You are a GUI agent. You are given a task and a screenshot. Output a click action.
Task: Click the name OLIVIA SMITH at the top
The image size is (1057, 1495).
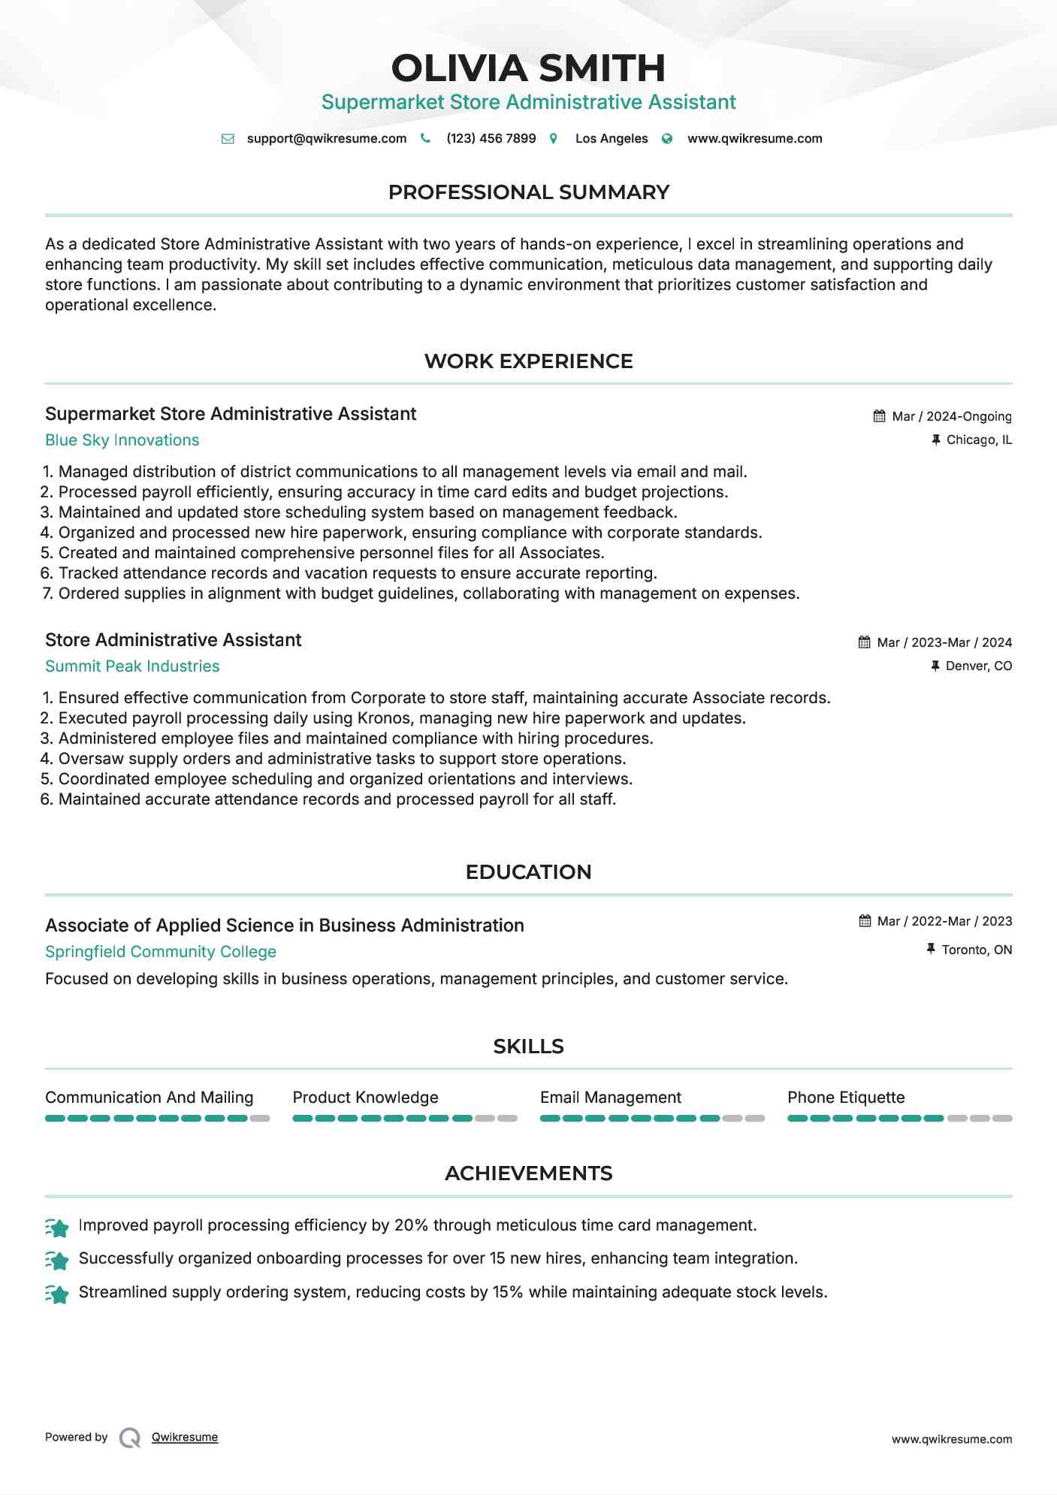528,68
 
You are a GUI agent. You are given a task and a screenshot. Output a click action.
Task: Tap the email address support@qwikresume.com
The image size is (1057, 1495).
326,138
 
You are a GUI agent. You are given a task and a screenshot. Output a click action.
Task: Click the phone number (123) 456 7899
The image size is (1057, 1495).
491,138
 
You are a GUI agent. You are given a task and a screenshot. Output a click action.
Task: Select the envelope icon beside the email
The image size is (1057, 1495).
228,139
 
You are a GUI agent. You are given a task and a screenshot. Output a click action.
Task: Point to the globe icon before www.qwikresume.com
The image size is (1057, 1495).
667,139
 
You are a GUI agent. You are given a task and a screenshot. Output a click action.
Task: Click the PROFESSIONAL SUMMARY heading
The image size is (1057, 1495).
528,192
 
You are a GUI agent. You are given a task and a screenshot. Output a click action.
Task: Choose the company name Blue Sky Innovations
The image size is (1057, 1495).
122,440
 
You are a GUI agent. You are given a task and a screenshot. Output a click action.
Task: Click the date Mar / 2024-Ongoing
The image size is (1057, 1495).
951,416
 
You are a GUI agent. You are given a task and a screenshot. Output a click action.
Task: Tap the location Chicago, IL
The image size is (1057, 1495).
978,439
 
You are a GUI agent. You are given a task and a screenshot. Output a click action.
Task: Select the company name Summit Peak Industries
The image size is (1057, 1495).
132,666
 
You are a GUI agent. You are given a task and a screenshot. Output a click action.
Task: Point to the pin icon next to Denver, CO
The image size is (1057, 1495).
935,666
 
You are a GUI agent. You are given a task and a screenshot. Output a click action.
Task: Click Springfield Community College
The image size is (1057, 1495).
161,952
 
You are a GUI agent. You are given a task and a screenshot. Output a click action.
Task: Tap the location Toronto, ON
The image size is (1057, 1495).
977,950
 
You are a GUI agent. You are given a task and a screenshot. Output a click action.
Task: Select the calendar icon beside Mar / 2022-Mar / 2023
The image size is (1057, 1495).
865,921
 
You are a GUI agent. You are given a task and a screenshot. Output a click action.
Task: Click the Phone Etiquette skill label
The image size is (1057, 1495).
846,1098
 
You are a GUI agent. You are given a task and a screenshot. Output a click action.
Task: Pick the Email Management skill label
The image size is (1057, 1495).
610,1098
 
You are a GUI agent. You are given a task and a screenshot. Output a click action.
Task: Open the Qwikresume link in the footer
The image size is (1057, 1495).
185,1437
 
